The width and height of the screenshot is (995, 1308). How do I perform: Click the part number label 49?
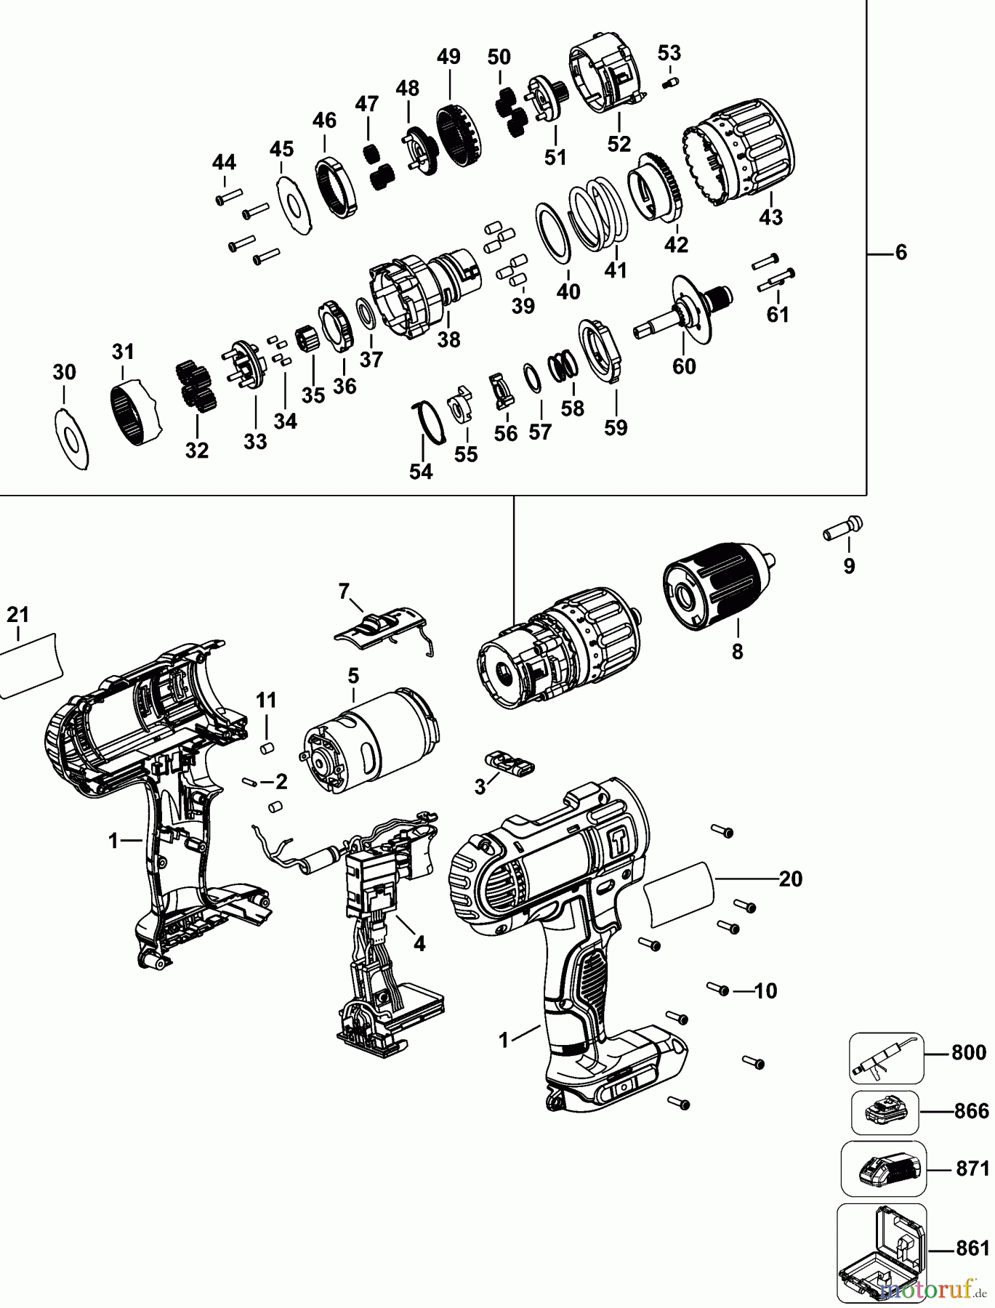point(449,57)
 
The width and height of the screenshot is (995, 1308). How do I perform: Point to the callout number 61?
point(778,314)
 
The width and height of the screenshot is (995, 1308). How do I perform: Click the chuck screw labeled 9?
point(842,528)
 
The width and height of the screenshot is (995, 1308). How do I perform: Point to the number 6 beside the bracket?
point(901,253)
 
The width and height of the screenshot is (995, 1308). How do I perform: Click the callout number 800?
point(969,1052)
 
